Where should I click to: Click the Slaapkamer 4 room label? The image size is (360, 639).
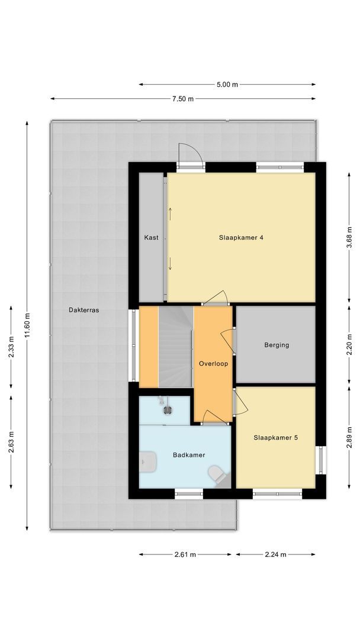(x=240, y=238)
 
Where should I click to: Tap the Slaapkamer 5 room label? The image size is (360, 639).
(x=275, y=438)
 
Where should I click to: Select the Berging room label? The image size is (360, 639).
(x=277, y=345)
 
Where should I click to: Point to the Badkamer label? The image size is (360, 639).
(x=189, y=455)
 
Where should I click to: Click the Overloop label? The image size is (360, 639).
(x=213, y=363)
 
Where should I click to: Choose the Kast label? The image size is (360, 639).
(x=151, y=238)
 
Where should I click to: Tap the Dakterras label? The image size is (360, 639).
(x=83, y=309)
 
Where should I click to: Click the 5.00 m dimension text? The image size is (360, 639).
(x=227, y=85)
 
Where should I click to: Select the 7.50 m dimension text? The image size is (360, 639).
(x=183, y=99)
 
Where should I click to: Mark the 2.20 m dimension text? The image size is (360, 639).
(x=350, y=344)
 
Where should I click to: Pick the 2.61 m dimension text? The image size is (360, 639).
(x=186, y=554)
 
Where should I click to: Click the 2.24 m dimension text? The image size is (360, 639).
(x=275, y=554)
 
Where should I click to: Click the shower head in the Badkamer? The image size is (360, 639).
(x=167, y=408)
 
